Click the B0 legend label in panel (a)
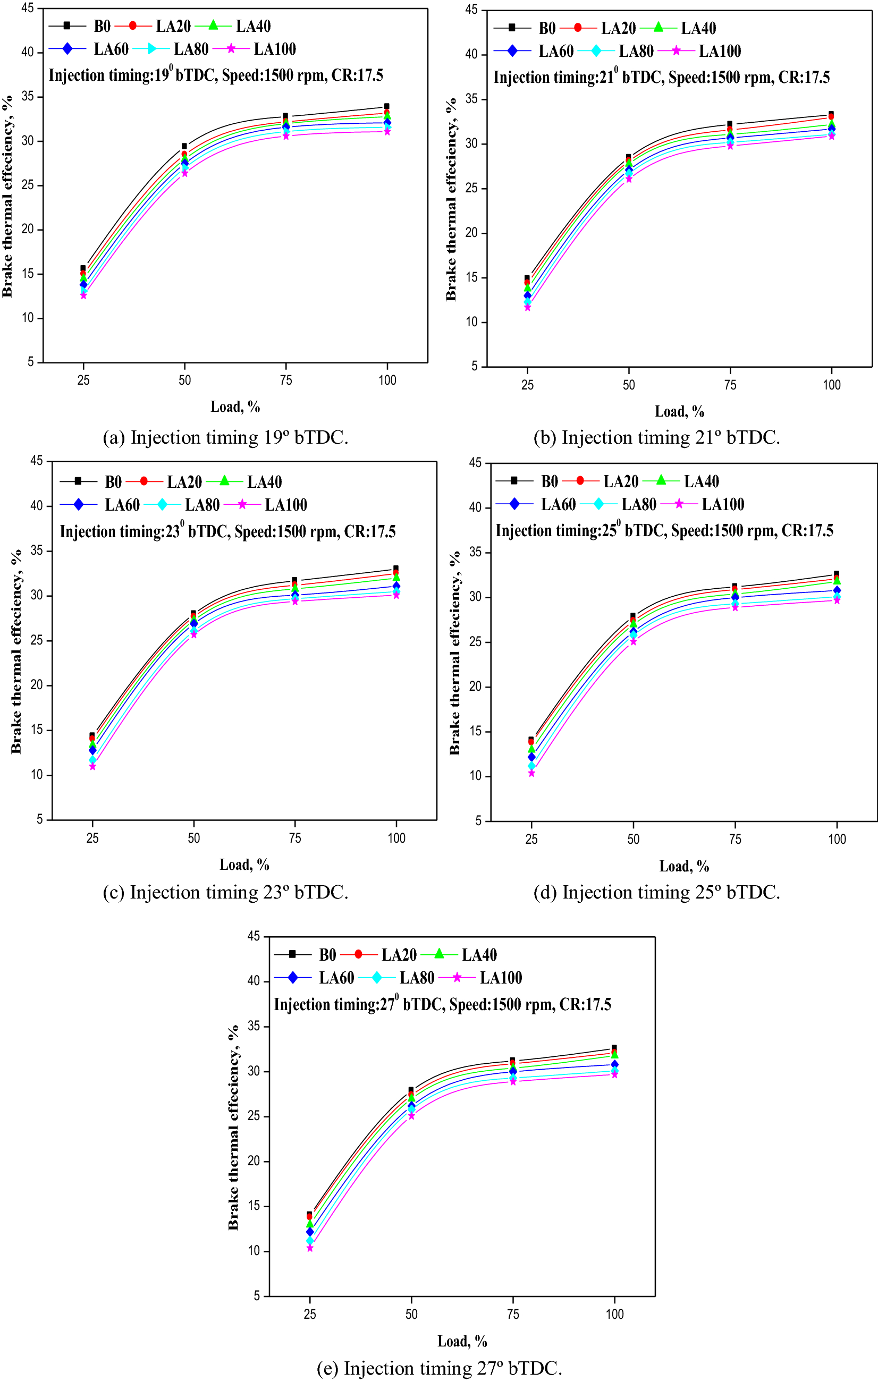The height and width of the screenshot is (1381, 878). click(102, 27)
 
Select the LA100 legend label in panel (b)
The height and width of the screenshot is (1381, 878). click(720, 52)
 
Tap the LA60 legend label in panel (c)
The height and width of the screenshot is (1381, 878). click(122, 505)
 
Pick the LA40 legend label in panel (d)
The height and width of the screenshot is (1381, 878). click(701, 482)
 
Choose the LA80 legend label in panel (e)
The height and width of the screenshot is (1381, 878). click(417, 978)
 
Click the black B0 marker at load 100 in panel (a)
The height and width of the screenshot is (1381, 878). click(387, 107)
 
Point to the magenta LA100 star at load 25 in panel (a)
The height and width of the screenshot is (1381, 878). click(83, 296)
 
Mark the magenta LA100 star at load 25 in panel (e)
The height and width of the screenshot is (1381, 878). click(310, 1248)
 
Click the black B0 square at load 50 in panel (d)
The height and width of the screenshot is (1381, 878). click(633, 616)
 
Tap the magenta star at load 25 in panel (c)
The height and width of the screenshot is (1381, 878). click(92, 767)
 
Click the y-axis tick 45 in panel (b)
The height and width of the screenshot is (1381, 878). click(471, 10)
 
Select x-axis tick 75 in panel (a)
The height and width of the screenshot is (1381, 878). click(285, 380)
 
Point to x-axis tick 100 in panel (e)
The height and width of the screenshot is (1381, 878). click(615, 1314)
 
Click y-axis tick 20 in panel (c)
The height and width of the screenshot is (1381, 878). click(37, 685)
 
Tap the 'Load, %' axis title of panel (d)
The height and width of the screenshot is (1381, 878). click(684, 866)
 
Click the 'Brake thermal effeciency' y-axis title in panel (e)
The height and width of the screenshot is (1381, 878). click(233, 1128)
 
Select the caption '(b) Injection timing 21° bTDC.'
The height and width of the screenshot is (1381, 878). click(656, 438)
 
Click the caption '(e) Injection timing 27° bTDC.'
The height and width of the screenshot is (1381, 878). click(440, 1368)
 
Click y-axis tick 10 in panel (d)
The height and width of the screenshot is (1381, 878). click(476, 776)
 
